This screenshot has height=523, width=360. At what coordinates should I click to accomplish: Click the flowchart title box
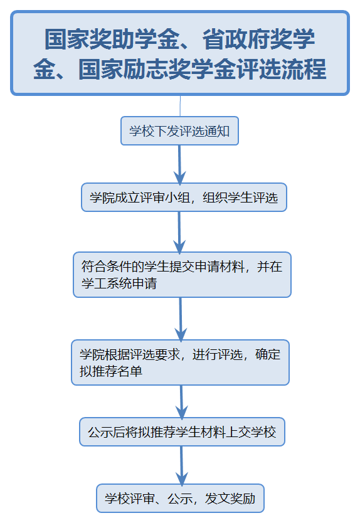click(x=180, y=53)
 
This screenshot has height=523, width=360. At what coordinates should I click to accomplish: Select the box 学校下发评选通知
click(x=179, y=130)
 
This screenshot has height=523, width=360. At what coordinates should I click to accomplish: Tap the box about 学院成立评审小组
click(x=184, y=197)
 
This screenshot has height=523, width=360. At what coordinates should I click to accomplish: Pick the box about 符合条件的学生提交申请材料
click(x=182, y=275)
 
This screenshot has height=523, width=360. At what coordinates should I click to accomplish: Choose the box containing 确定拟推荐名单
click(x=180, y=362)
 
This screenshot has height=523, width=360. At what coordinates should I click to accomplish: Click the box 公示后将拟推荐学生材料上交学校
click(x=182, y=431)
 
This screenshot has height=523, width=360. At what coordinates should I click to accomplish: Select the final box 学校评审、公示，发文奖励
click(x=180, y=499)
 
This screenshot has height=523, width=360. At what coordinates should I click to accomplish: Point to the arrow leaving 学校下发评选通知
click(x=179, y=165)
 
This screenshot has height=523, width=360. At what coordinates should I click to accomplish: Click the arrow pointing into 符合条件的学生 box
click(x=179, y=233)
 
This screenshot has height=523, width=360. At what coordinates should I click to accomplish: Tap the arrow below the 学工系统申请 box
click(x=181, y=319)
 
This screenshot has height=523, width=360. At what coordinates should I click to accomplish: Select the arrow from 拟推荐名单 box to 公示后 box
click(x=181, y=402)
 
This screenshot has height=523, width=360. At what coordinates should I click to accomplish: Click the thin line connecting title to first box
click(x=180, y=106)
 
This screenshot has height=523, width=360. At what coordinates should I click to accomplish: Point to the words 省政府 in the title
click(x=236, y=39)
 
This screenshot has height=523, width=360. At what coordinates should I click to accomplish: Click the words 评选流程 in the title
click(x=281, y=69)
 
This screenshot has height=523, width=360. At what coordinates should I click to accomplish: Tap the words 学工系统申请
click(x=119, y=283)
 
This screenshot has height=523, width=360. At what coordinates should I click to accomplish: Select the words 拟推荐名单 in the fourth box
click(x=111, y=371)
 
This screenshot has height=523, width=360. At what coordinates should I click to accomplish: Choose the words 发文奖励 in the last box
click(x=230, y=499)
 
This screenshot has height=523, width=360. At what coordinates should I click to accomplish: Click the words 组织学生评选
click(x=240, y=198)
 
